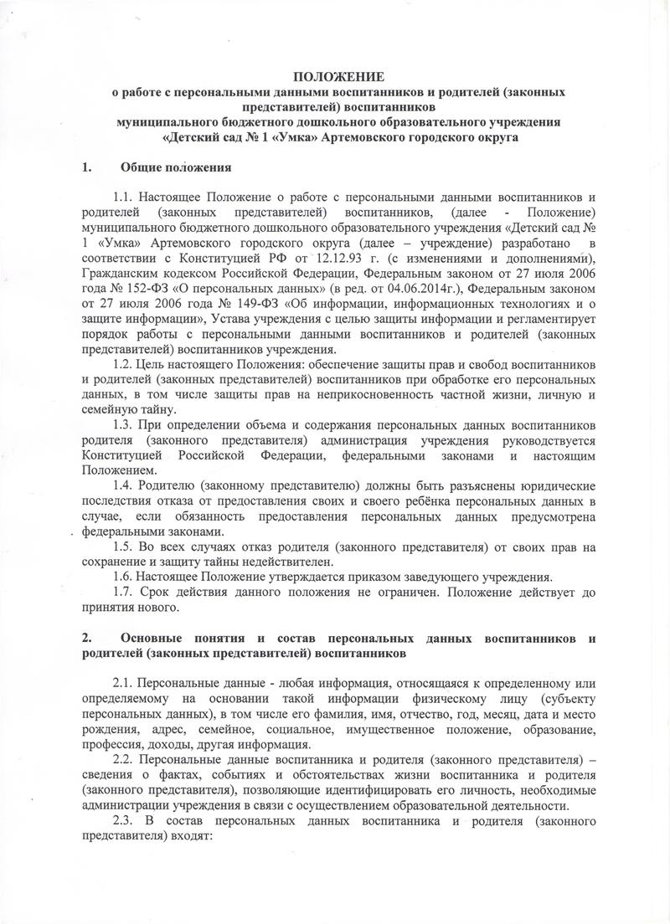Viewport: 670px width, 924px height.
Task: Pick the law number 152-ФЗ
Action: click(136, 289)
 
